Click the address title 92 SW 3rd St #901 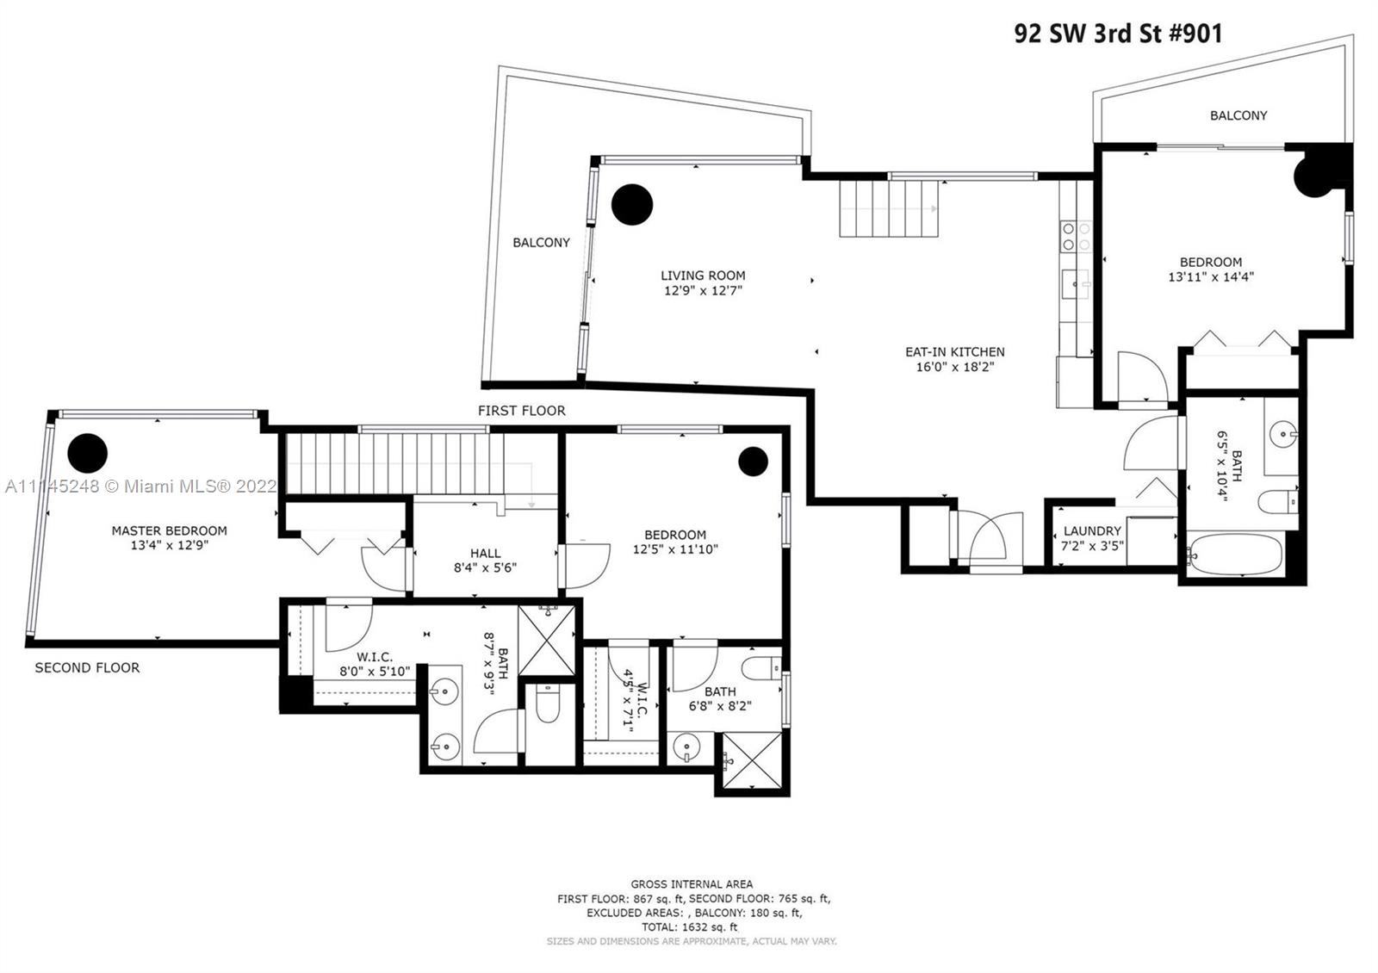[1118, 34]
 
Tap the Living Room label [703, 276]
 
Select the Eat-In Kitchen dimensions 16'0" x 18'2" [955, 367]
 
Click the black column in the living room [632, 204]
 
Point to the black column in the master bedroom [88, 453]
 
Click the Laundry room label [1092, 530]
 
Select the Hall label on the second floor [486, 554]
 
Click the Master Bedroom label [169, 530]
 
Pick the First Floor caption [522, 411]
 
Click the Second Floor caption [87, 668]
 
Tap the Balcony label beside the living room [542, 243]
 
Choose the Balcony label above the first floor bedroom [1238, 115]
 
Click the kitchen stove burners [1077, 237]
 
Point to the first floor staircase [889, 209]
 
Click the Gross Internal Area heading [692, 884]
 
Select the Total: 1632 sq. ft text [690, 927]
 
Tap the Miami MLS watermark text [141, 487]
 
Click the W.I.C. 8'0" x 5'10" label [375, 664]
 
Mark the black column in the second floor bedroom [753, 462]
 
